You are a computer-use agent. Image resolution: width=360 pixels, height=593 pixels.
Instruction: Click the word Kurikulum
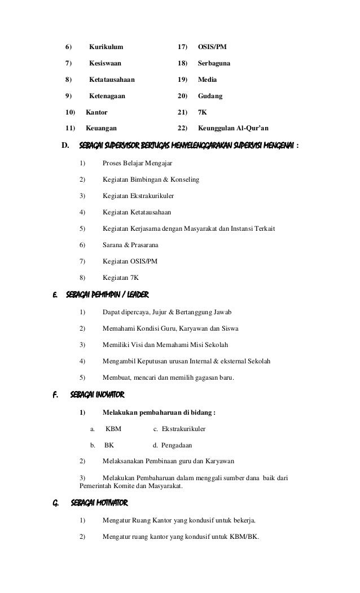pos(106,46)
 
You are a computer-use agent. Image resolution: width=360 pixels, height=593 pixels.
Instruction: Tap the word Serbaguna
pos(214,63)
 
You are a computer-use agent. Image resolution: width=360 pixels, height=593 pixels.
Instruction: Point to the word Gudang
pos(210,96)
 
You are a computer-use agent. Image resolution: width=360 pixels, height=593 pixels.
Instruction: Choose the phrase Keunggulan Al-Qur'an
pos(233,129)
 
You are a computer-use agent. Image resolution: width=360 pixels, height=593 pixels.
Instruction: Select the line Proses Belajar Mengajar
pos(137,164)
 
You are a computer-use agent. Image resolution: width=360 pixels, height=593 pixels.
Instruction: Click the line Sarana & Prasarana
pos(130,245)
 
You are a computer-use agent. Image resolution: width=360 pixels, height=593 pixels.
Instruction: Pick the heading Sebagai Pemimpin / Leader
pos(107,295)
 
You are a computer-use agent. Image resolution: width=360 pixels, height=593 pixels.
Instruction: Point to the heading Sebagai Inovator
pos(97,393)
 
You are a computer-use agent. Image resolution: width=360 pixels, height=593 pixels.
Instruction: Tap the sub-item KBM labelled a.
pos(113,429)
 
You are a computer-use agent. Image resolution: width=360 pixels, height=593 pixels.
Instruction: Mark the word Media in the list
pos(207,80)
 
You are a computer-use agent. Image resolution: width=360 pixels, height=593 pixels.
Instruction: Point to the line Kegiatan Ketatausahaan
pos(137,213)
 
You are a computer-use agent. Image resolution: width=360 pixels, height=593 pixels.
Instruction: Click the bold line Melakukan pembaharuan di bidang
pos(159,412)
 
